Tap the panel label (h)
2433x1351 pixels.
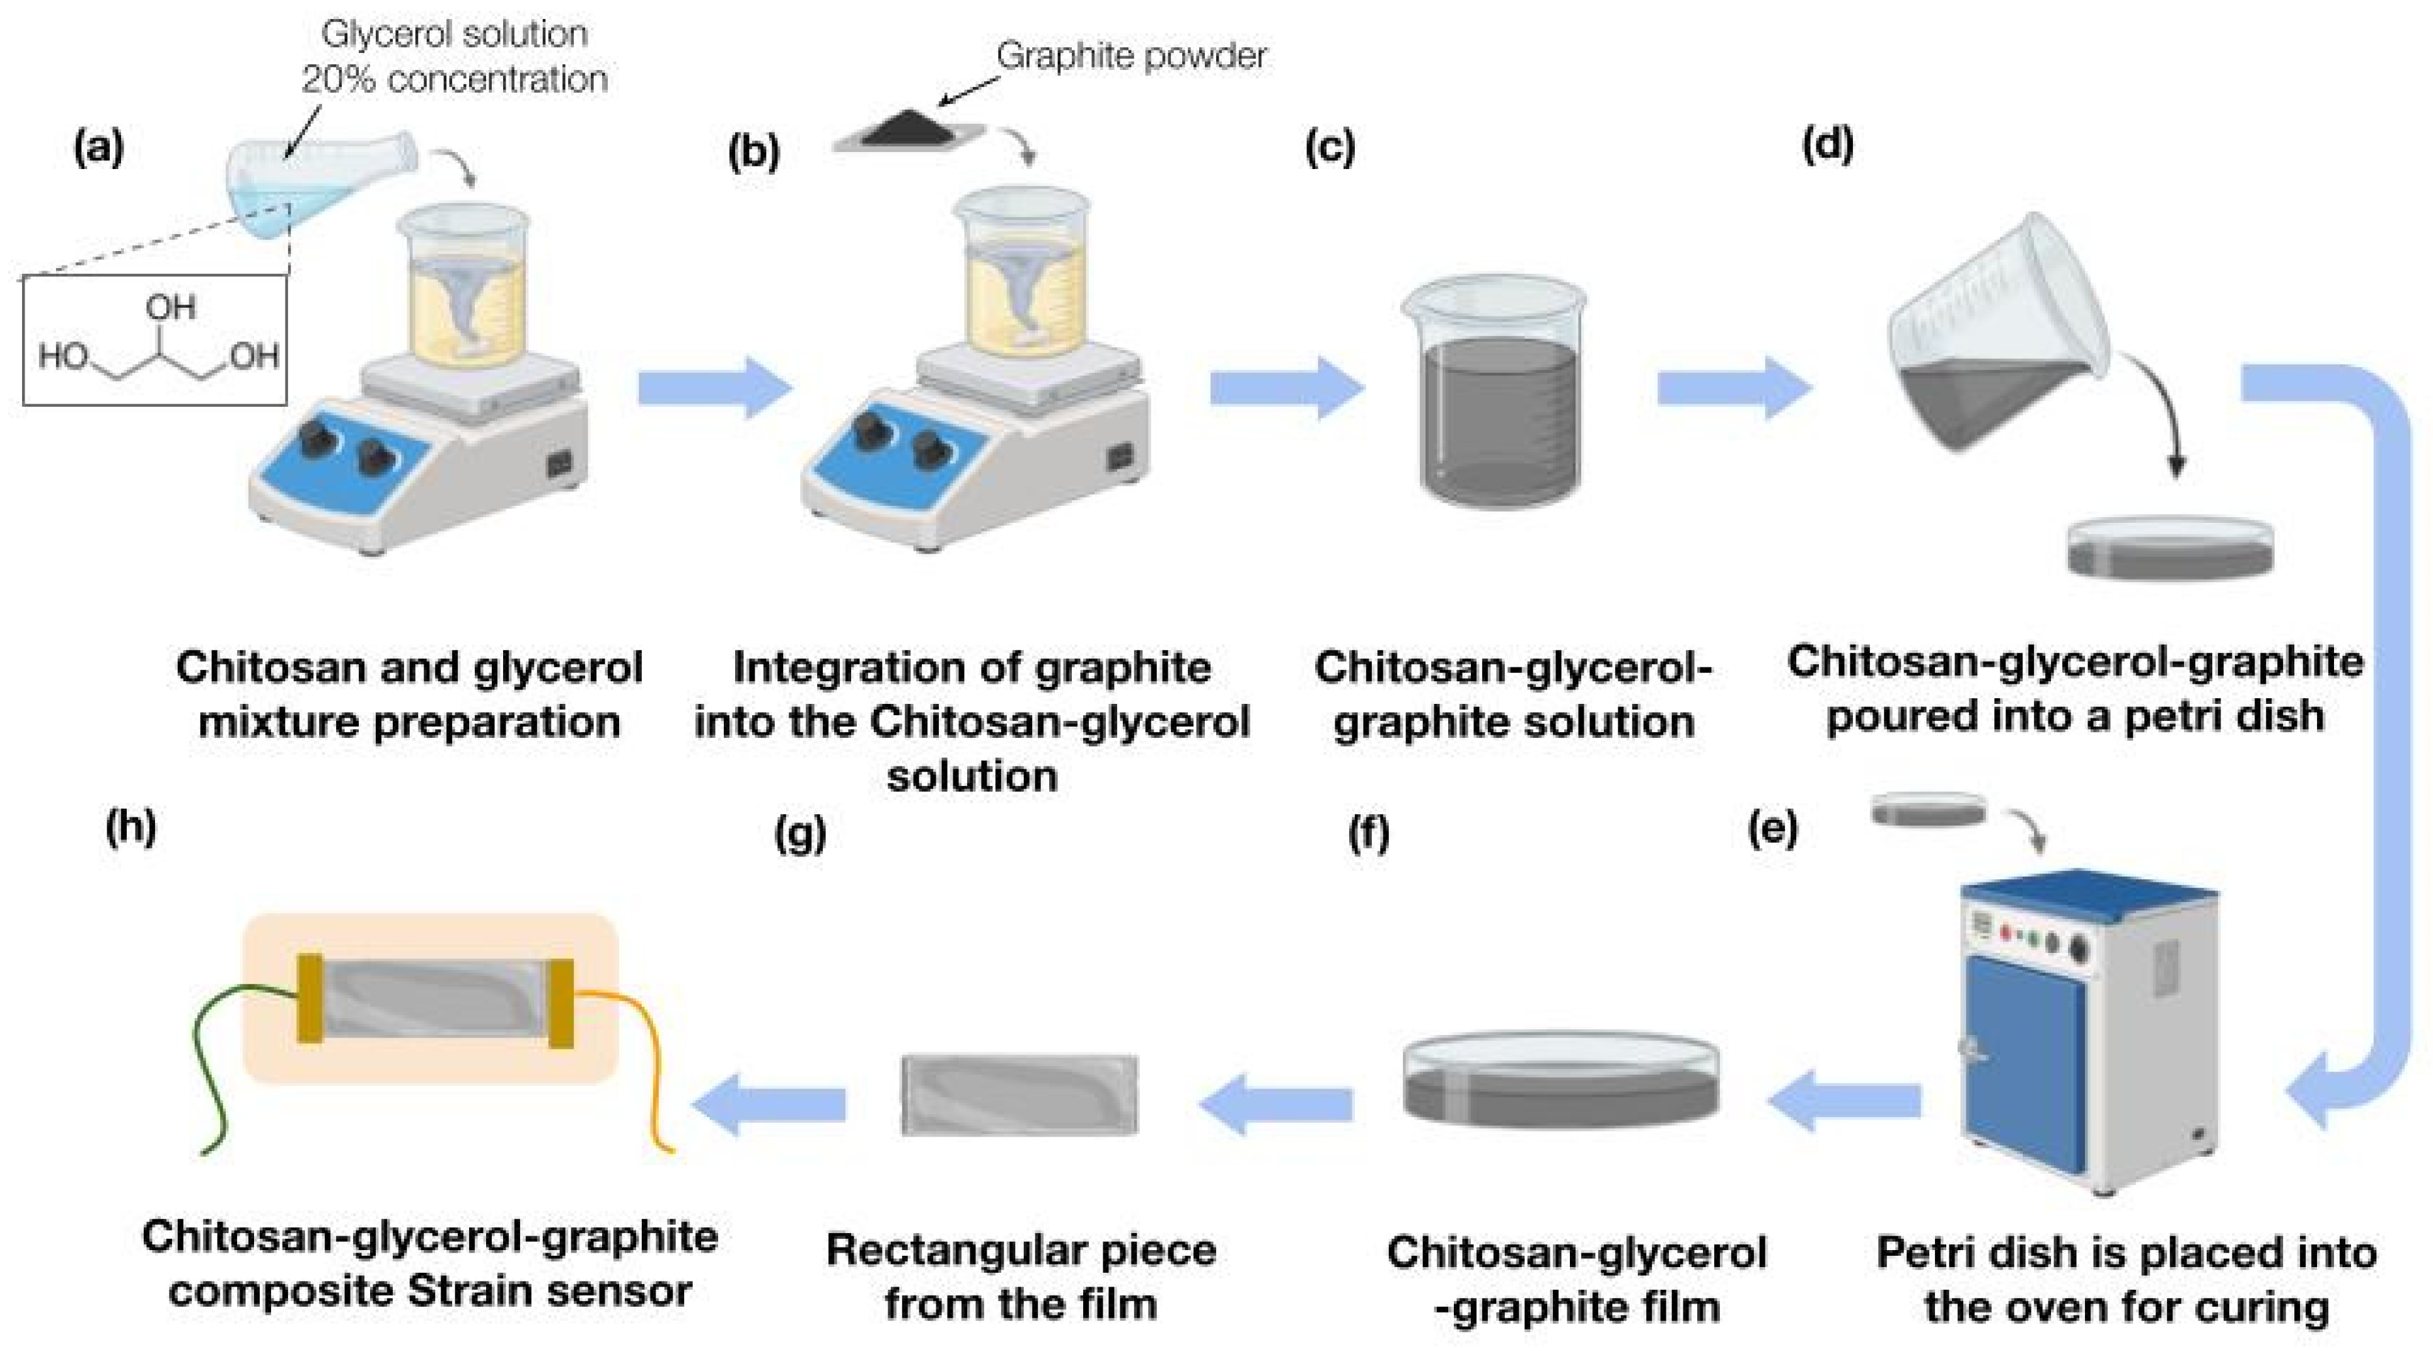(x=131, y=828)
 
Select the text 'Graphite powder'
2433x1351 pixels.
(x=1130, y=56)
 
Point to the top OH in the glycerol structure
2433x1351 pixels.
(x=171, y=307)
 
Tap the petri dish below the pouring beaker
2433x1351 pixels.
(x=2169, y=548)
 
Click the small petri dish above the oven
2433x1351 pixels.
(x=1929, y=810)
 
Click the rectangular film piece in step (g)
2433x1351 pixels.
(x=1020, y=1094)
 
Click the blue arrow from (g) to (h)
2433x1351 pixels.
(x=770, y=1104)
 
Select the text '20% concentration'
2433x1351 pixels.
(x=455, y=79)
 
